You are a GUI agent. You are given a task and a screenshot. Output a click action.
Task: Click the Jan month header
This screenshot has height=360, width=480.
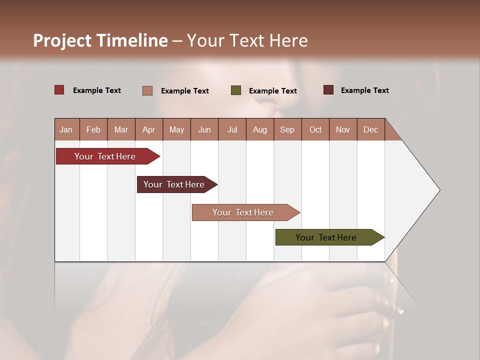66,129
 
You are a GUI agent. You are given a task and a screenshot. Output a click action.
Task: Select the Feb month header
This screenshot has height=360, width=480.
93,129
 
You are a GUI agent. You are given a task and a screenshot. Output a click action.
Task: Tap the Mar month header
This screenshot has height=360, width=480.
121,129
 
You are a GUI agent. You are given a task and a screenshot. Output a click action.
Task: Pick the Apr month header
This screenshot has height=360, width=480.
149,129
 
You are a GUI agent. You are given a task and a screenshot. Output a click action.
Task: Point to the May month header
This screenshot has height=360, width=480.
176,129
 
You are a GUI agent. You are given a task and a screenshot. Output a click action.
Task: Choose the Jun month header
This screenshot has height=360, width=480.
204,129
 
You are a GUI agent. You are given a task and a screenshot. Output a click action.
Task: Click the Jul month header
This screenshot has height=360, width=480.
232,129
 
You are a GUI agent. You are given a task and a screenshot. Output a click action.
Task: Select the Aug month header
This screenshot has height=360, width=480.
260,129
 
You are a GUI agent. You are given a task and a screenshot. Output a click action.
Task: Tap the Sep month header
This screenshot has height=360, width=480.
287,129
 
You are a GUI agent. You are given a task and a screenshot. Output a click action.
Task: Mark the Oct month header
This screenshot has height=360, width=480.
315,129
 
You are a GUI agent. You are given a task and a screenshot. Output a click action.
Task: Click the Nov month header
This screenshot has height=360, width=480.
343,129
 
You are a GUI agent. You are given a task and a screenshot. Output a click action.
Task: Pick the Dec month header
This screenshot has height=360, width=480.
371,129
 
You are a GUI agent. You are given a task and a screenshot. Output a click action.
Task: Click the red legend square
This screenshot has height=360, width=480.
59,90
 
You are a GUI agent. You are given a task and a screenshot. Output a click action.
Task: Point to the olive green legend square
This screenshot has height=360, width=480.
236,90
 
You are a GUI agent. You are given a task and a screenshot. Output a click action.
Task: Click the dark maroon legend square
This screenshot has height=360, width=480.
328,90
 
